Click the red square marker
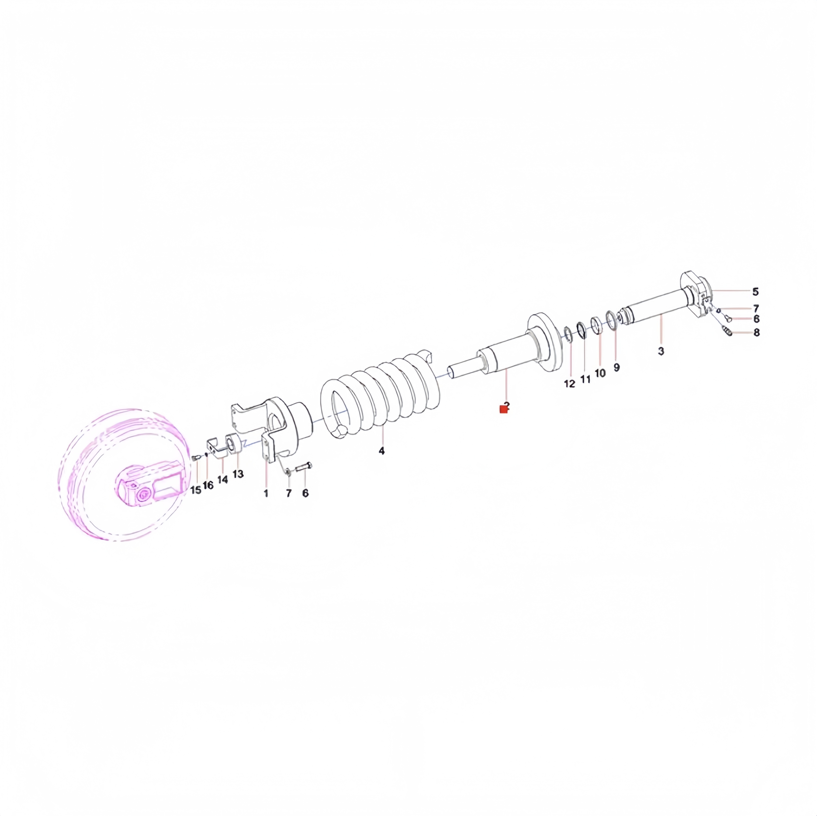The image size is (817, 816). (x=503, y=409)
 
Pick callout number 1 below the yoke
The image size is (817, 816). (x=266, y=493)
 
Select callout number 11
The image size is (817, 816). (x=585, y=379)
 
